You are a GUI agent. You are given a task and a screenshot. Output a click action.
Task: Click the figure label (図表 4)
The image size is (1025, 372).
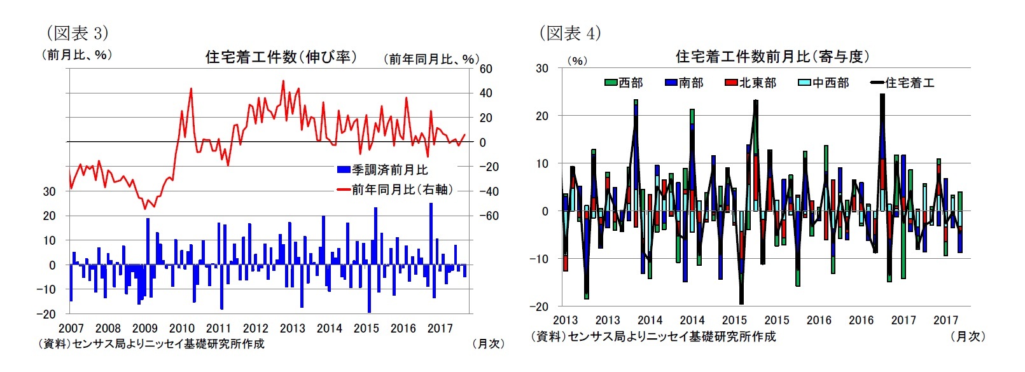[x=569, y=33]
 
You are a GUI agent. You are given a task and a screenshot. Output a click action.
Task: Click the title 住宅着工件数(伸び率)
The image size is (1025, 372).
[x=281, y=57]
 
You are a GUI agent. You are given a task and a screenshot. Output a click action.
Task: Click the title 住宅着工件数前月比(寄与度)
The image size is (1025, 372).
[x=772, y=57]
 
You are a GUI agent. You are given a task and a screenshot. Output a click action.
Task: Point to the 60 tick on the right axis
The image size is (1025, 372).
[x=485, y=69]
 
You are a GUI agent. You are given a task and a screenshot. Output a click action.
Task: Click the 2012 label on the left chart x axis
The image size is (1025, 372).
[x=255, y=329]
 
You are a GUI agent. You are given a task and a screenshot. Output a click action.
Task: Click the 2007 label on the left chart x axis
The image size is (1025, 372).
[x=71, y=329]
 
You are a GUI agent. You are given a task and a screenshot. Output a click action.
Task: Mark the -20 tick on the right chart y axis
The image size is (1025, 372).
[x=540, y=307]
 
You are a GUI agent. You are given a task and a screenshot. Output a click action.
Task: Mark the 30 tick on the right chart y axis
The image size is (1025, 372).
[x=541, y=68]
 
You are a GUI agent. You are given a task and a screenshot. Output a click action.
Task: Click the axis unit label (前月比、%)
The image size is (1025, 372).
[x=77, y=55]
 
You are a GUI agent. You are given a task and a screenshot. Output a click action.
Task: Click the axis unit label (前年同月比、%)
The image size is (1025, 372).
[x=430, y=59]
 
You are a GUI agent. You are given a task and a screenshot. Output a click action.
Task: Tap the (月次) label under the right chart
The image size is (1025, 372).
[x=968, y=336]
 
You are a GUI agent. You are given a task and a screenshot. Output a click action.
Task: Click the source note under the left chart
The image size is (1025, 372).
[x=152, y=344]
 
